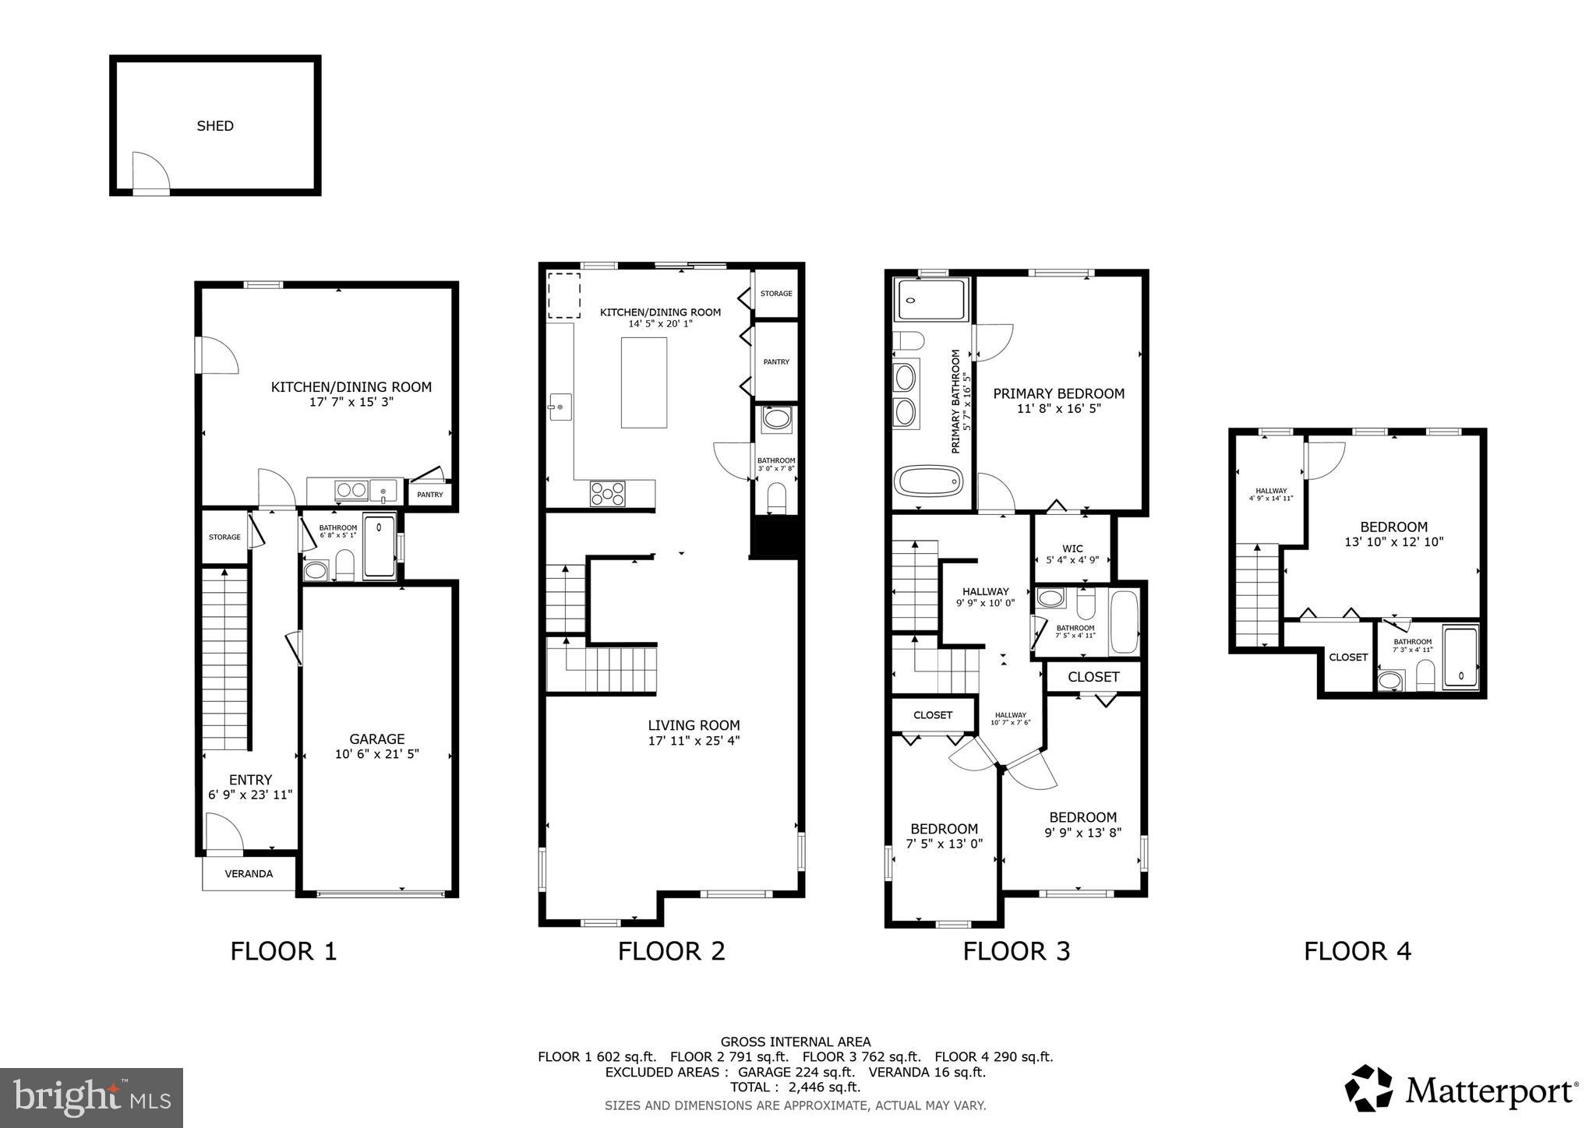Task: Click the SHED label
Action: coord(215,126)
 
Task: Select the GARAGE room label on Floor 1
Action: coord(376,739)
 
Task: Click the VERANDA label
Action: coord(249,874)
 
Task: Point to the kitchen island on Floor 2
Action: coord(644,382)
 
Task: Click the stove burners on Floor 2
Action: coord(608,494)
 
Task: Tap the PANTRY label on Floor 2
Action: coord(776,362)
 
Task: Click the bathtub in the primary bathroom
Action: coord(930,481)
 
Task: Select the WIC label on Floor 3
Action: coord(1072,548)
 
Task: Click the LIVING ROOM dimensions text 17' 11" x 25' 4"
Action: coord(694,741)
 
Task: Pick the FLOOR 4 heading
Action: coord(1358,951)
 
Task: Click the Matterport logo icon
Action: coord(1368,1088)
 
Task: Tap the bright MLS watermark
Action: coord(92,1098)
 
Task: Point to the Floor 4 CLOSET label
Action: coord(1348,657)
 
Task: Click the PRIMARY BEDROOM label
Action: coord(1058,394)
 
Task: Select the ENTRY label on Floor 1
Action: coord(250,780)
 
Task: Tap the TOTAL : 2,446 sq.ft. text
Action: coord(795,1087)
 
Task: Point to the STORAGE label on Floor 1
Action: coord(224,538)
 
